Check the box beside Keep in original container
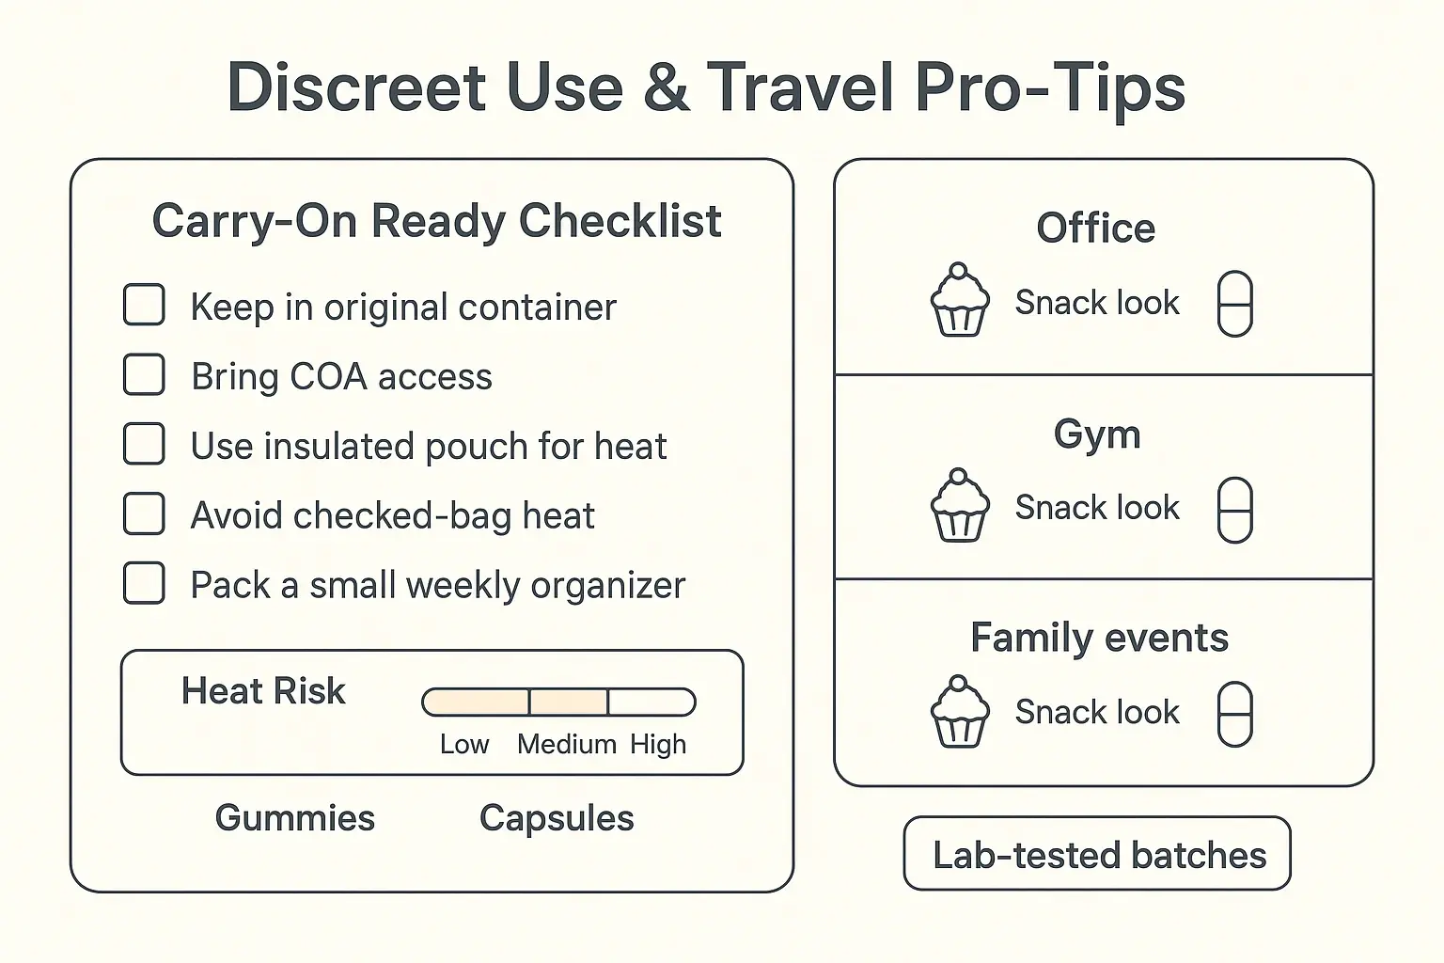(144, 306)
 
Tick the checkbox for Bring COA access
(144, 375)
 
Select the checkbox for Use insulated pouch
(144, 445)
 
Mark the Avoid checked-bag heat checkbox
(144, 514)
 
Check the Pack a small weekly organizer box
(144, 584)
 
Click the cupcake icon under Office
(959, 300)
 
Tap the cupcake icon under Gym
(959, 506)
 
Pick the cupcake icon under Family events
(959, 712)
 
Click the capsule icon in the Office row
(1234, 304)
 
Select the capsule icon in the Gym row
(1234, 510)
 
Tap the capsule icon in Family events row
(1234, 714)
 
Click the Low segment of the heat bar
(477, 703)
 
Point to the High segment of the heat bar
(651, 703)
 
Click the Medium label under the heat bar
(566, 745)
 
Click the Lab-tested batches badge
(1097, 854)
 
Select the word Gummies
(294, 818)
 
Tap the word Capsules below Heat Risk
(557, 818)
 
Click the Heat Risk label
(263, 691)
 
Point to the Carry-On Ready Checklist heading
(436, 222)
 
